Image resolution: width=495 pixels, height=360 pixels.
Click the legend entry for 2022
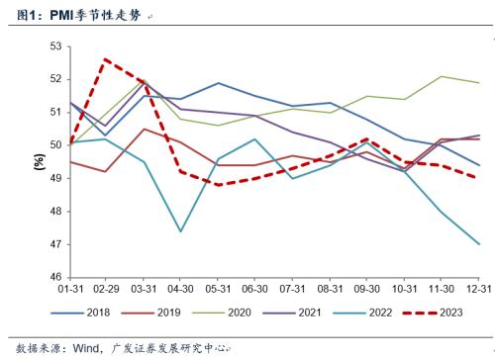(x=376, y=315)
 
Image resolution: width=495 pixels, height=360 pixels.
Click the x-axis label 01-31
(x=69, y=289)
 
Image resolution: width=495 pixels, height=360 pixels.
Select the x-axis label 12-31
(x=480, y=289)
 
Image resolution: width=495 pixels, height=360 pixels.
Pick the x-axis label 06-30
(x=255, y=289)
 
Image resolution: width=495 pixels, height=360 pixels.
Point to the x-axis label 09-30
(x=367, y=289)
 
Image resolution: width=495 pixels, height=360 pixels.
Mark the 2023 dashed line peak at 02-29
(x=106, y=59)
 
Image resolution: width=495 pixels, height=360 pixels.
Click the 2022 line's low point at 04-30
(x=181, y=231)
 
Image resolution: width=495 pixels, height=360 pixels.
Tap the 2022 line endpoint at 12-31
(x=480, y=244)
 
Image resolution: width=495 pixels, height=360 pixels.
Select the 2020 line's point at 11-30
(x=443, y=76)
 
